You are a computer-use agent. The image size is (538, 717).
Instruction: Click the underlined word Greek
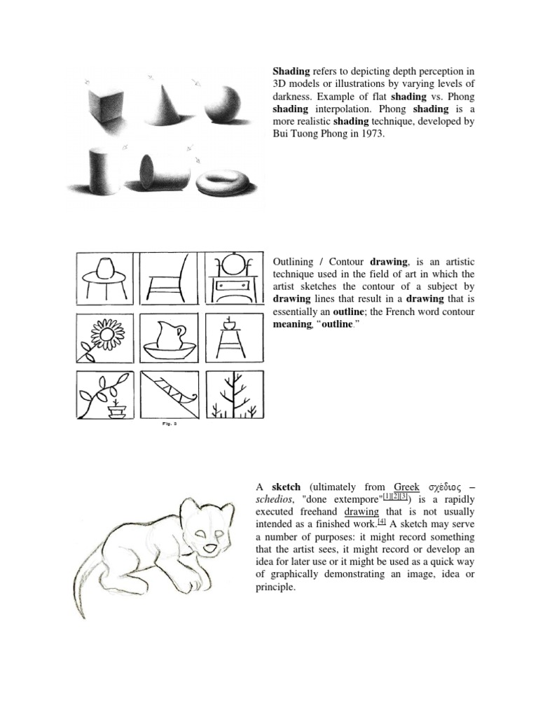(x=406, y=487)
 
